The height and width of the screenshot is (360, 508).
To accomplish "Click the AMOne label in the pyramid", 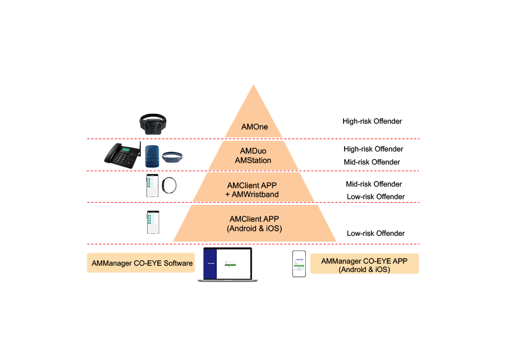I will (254, 126).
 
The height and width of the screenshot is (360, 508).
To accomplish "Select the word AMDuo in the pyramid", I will (253, 151).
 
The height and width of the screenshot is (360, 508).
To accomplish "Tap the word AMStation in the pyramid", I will (253, 160).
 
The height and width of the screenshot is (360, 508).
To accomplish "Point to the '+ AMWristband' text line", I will (253, 194).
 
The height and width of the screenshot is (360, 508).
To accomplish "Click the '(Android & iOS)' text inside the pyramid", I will (254, 228).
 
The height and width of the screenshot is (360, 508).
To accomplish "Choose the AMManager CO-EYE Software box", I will (141, 264).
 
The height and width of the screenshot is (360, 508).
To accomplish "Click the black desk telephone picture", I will (123, 155).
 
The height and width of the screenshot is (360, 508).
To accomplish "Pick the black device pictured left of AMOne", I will (153, 124).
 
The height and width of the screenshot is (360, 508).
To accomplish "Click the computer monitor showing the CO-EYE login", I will (227, 265).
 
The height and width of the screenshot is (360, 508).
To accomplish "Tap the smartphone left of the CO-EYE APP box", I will (299, 264).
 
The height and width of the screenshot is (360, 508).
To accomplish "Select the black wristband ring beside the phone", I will (169, 186).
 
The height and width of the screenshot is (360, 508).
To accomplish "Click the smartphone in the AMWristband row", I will (152, 186).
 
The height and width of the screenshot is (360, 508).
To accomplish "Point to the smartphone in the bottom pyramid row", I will (153, 222).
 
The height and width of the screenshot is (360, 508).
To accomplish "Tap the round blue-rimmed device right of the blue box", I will (172, 157).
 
